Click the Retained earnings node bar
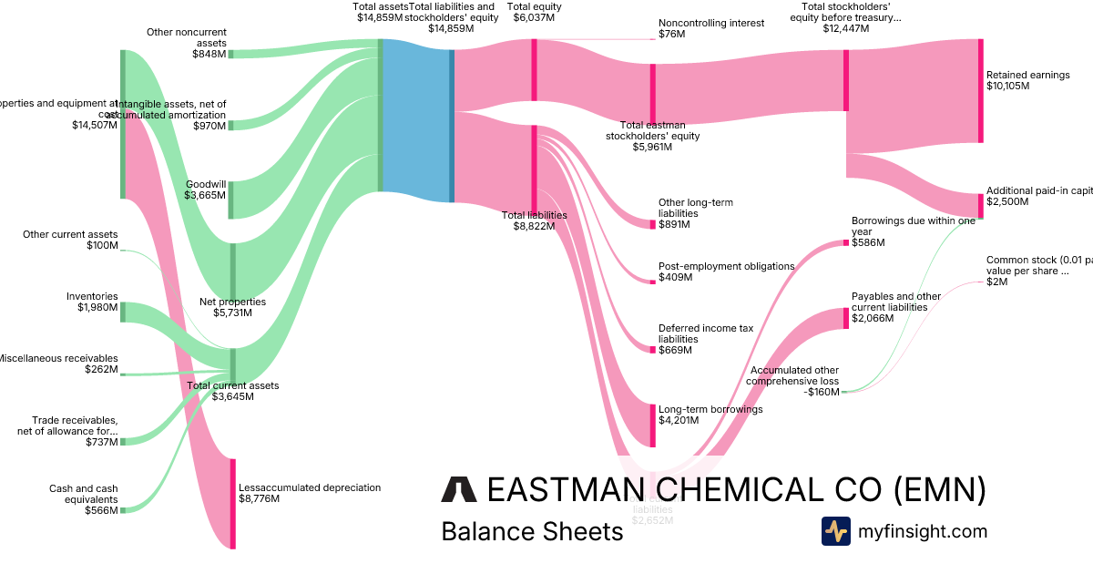(980, 90)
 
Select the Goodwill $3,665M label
(205, 190)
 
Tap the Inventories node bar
(123, 313)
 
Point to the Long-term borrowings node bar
(652, 425)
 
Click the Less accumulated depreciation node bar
(232, 503)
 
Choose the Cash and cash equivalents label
(84, 499)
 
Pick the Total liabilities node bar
(535, 170)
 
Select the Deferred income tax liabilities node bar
(652, 350)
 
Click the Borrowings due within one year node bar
(845, 242)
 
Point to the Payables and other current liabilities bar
(845, 318)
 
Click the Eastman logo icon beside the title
(458, 489)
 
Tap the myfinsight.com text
(922, 531)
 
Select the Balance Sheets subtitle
(532, 531)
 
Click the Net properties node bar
(232, 272)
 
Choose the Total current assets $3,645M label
(232, 391)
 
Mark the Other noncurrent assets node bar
(230, 54)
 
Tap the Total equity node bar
(535, 63)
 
